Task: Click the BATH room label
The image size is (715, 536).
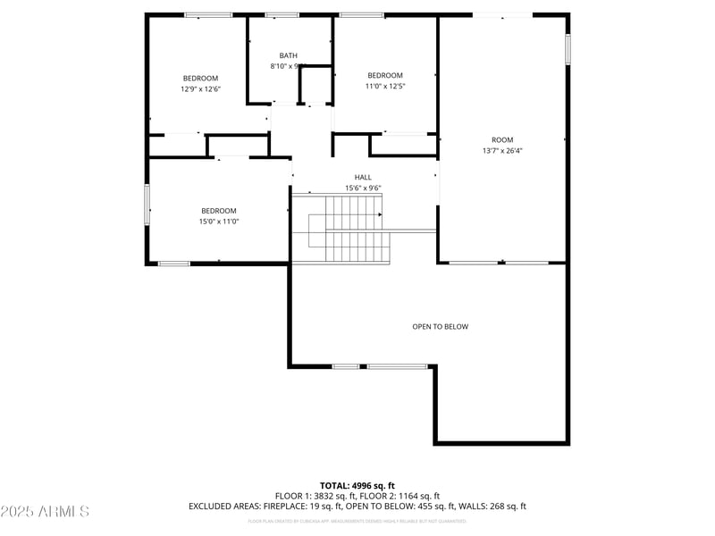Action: click(x=288, y=55)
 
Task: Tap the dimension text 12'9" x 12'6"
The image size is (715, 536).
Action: click(x=200, y=89)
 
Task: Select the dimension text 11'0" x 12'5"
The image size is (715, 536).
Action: click(x=385, y=87)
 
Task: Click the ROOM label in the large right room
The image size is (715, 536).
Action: click(x=502, y=140)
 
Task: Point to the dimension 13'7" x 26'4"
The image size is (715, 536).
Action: click(x=502, y=151)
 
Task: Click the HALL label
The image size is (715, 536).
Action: click(x=363, y=177)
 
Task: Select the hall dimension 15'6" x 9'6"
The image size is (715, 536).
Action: click(x=363, y=188)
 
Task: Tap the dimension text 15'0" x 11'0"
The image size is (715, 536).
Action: click(x=219, y=222)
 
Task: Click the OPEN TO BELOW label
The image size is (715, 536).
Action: click(x=440, y=327)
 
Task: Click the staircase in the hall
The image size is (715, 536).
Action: click(x=344, y=230)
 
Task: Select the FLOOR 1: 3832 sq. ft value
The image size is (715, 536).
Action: click(x=315, y=496)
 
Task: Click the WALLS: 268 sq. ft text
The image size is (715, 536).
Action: click(x=492, y=507)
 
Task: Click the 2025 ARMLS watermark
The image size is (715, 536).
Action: click(x=45, y=512)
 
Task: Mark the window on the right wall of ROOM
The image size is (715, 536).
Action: click(x=568, y=49)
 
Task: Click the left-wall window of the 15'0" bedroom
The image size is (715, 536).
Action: click(x=147, y=204)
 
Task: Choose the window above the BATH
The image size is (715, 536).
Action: click(x=282, y=14)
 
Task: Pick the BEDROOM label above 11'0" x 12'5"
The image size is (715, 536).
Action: click(x=385, y=76)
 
